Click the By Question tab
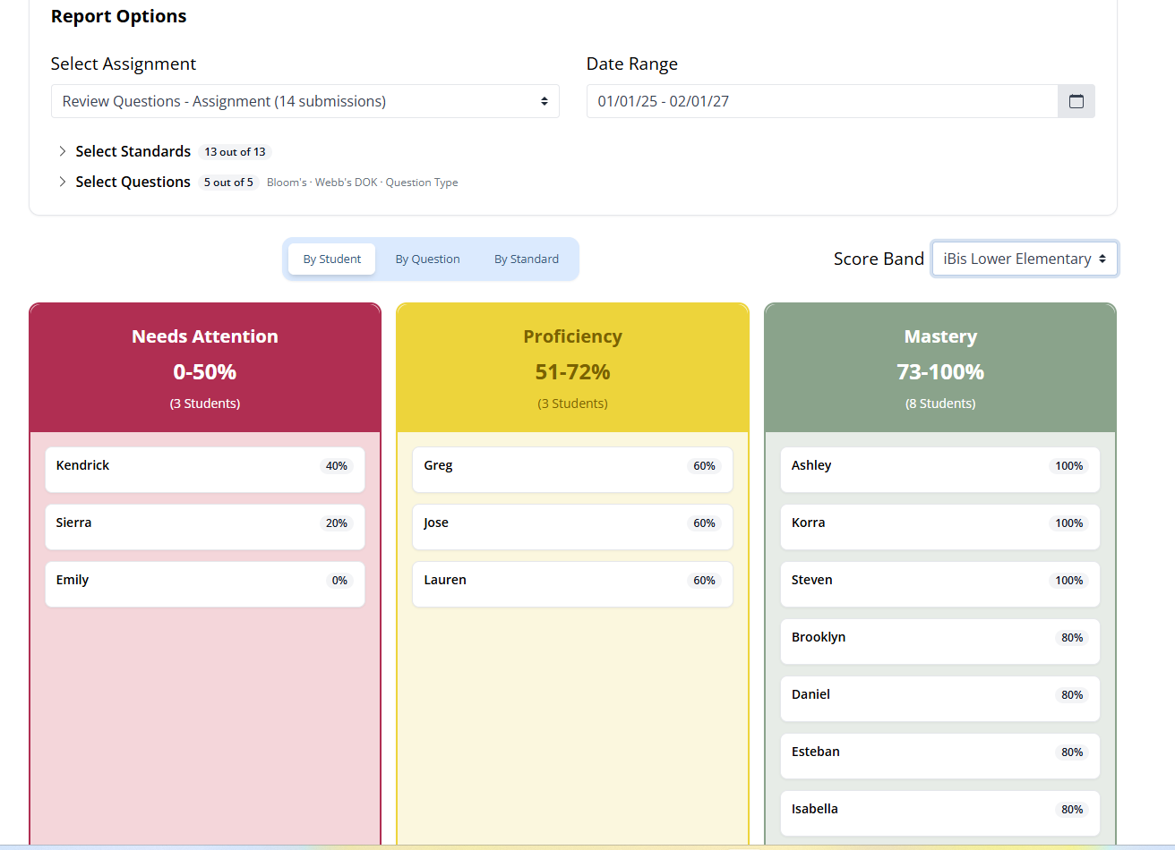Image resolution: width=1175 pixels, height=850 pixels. (427, 259)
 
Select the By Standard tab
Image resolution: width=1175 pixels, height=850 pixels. (526, 259)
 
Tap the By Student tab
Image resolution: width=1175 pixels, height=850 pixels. (332, 259)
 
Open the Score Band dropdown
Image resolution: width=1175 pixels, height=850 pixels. (1025, 259)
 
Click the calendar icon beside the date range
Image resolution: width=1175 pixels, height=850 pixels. (1076, 101)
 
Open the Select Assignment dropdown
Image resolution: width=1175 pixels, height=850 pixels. (305, 101)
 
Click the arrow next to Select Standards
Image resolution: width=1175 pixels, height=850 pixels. (63, 151)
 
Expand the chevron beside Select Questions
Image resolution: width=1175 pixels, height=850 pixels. (63, 182)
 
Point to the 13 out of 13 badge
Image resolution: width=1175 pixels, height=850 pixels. (235, 152)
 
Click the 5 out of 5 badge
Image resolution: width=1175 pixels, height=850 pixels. (228, 183)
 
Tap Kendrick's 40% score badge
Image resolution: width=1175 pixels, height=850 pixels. (336, 466)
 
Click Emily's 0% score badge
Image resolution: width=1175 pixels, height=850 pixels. (339, 581)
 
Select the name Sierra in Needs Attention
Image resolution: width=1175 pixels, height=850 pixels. (73, 523)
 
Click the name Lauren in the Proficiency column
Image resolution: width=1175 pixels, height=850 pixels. (445, 580)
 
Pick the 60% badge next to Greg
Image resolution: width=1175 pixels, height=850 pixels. (704, 466)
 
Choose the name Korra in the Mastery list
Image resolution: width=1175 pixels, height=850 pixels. (808, 523)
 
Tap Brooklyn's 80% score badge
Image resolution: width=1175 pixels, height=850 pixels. (1072, 638)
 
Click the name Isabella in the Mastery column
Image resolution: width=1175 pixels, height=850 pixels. (815, 809)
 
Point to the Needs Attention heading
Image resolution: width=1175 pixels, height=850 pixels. (204, 336)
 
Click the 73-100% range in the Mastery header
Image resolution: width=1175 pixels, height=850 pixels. (940, 372)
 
